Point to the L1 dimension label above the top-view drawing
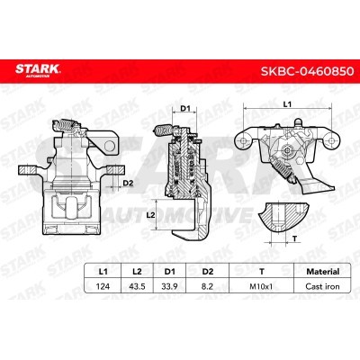click(285, 105)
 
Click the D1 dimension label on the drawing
click(185, 110)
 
